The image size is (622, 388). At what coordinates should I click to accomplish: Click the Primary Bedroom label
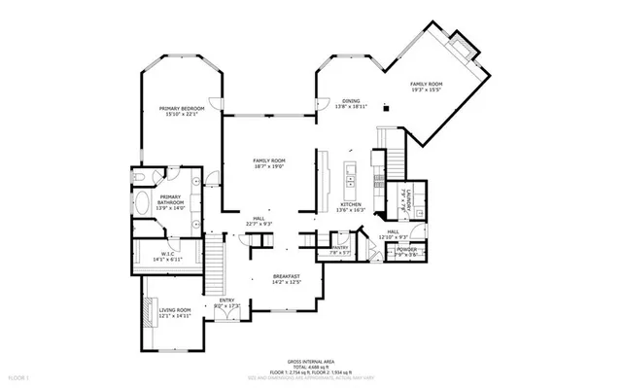182,109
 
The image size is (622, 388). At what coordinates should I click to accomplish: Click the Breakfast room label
286,276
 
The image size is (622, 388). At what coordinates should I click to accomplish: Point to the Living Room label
175,310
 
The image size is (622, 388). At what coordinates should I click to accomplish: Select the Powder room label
407,250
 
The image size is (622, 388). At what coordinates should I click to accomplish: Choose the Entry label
225,300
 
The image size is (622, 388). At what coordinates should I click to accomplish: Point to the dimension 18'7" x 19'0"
268,166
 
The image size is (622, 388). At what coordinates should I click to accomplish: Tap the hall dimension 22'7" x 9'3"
259,225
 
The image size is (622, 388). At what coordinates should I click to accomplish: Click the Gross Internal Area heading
310,360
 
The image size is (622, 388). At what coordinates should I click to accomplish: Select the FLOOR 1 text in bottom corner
19,375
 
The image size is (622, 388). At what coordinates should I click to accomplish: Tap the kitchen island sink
350,175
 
